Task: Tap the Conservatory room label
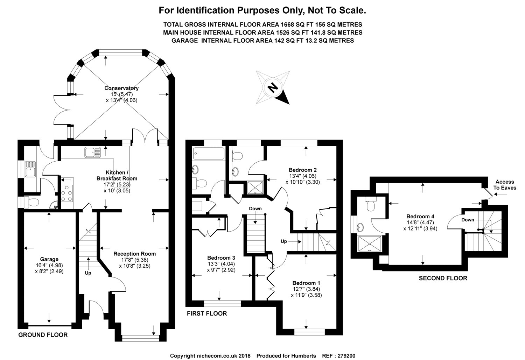point(121,88)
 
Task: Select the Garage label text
point(49,259)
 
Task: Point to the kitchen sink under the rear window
point(92,153)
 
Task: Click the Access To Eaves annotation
point(505,185)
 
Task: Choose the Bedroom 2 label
point(303,170)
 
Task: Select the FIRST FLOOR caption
point(207,313)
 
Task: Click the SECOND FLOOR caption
point(443,278)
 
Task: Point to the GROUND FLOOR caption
point(43,335)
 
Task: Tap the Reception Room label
point(134,254)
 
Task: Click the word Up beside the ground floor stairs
point(88,273)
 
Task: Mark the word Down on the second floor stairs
point(468,220)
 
